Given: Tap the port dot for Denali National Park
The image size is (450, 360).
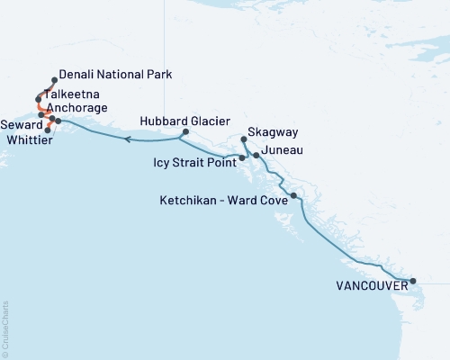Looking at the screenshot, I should (x=55, y=80).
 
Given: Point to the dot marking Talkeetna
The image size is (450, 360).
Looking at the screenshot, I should (x=38, y=99).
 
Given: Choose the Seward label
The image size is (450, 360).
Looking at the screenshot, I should (x=21, y=123).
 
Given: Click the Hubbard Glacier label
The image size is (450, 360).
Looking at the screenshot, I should (x=185, y=121).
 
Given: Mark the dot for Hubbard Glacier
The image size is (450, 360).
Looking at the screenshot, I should (x=184, y=132).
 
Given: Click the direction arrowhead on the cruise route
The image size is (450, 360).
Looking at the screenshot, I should (x=128, y=139).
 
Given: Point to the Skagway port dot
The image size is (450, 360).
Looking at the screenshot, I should (x=245, y=139).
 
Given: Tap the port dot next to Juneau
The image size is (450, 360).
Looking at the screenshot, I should (x=257, y=156).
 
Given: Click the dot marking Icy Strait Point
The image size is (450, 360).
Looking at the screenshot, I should (x=242, y=157).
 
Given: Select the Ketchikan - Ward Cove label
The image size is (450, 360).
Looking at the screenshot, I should (x=223, y=201).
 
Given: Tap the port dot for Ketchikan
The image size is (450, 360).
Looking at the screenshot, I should (x=293, y=195).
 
